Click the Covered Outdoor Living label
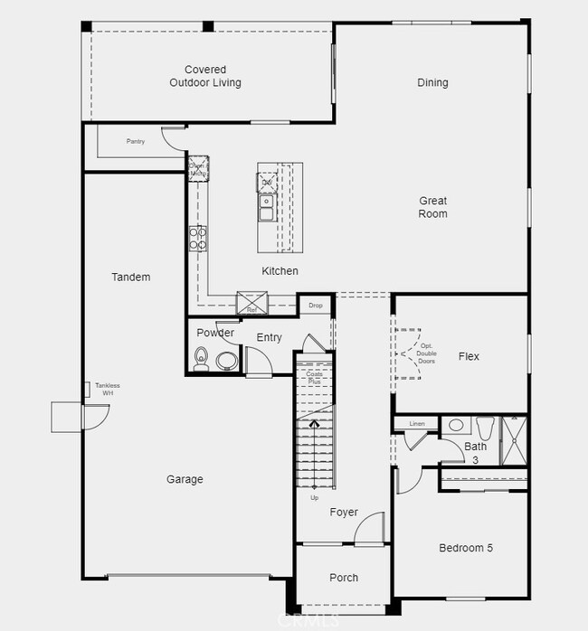click(x=205, y=76)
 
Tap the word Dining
click(x=432, y=83)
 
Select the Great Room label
click(x=432, y=207)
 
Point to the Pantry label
click(x=136, y=141)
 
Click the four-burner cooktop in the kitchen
click(x=198, y=238)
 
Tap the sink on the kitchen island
click(x=267, y=209)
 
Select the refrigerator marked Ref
click(x=251, y=304)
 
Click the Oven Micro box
click(x=198, y=167)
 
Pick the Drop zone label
click(x=315, y=306)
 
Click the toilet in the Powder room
click(x=201, y=362)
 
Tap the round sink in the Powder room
click(x=225, y=362)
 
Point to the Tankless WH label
click(x=107, y=390)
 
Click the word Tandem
click(x=131, y=278)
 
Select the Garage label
click(x=185, y=480)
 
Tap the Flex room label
click(x=469, y=357)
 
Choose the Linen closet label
click(x=416, y=423)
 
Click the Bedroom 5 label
click(x=466, y=548)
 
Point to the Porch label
click(x=344, y=578)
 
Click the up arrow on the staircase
click(x=315, y=422)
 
